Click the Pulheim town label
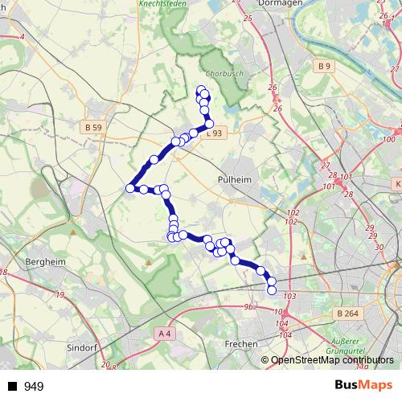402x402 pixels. (234, 181)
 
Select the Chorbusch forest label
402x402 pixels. (219, 74)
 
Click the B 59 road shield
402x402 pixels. (92, 127)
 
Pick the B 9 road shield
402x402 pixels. (324, 66)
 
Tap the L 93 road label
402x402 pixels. (214, 133)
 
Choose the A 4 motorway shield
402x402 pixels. (165, 332)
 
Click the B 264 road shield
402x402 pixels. (347, 313)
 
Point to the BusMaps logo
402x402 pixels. (363, 385)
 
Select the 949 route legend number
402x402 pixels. (34, 387)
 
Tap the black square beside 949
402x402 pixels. (12, 387)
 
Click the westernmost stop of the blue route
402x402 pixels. (129, 188)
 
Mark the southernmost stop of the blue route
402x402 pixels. (272, 289)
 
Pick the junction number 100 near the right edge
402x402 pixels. (390, 139)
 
